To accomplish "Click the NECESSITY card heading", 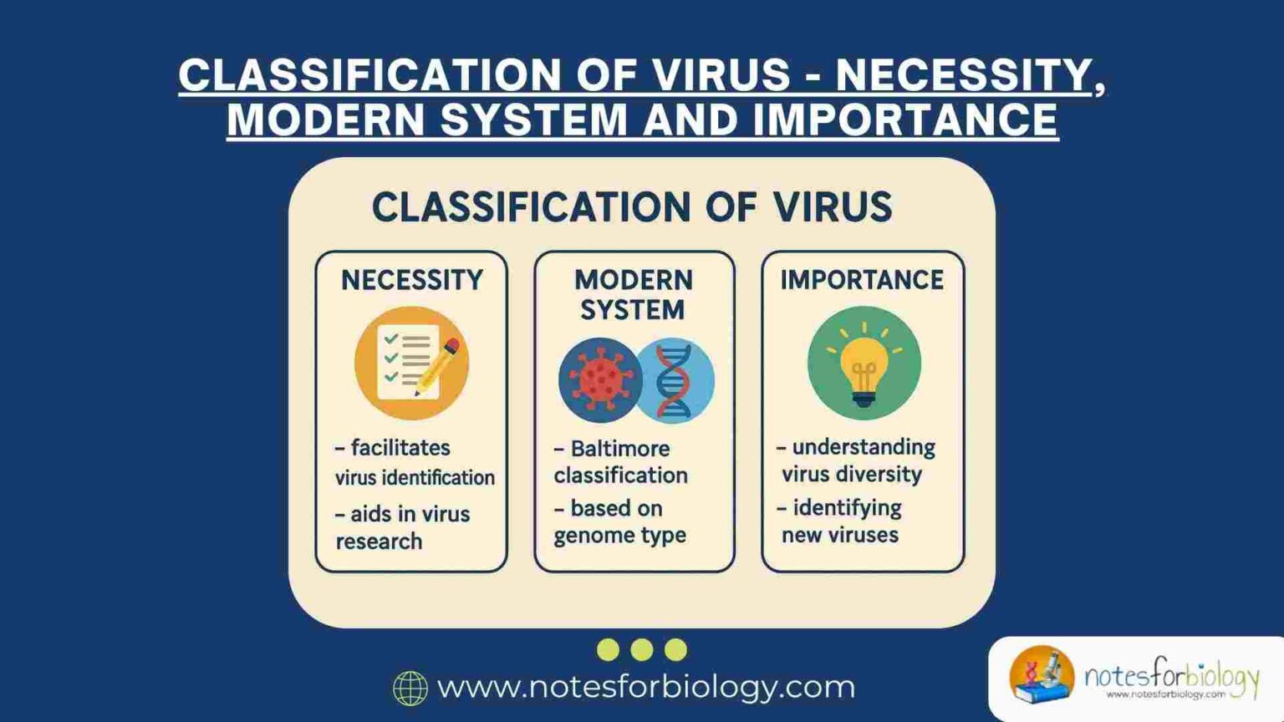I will [x=412, y=280].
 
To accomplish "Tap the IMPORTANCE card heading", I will [x=862, y=280].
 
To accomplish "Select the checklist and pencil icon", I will [x=411, y=363].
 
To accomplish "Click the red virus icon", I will [x=599, y=379].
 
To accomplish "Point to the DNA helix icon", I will [x=675, y=380].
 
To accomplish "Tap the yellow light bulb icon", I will [x=864, y=364].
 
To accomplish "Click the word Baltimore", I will [x=620, y=449].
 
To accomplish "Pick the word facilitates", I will [x=400, y=448].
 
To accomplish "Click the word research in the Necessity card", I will [x=379, y=541].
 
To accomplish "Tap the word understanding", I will [x=864, y=447].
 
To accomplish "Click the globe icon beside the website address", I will [x=410, y=688].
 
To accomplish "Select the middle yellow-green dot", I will [x=642, y=649].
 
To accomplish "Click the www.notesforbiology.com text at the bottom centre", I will [x=646, y=687].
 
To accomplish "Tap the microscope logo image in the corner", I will [x=1042, y=674].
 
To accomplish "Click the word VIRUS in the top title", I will [x=721, y=75].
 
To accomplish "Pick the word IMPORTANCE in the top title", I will [x=905, y=119].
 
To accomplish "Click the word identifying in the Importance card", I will [x=847, y=508].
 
